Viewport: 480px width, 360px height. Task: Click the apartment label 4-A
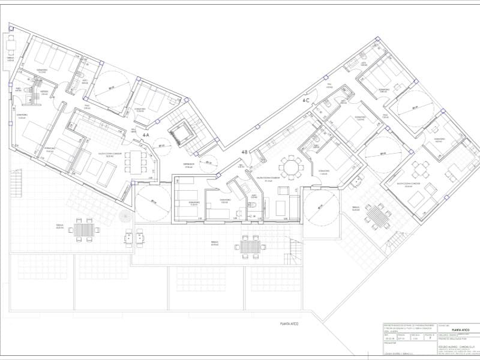(146, 136)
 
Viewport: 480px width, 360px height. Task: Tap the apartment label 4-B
(245, 152)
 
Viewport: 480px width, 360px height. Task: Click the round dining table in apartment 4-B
(292, 166)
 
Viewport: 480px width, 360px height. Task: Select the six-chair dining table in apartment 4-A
(138, 161)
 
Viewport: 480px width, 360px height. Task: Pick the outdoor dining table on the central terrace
(249, 245)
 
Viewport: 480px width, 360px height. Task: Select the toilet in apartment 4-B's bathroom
(253, 206)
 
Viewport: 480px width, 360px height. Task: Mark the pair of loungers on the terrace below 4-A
(134, 238)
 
